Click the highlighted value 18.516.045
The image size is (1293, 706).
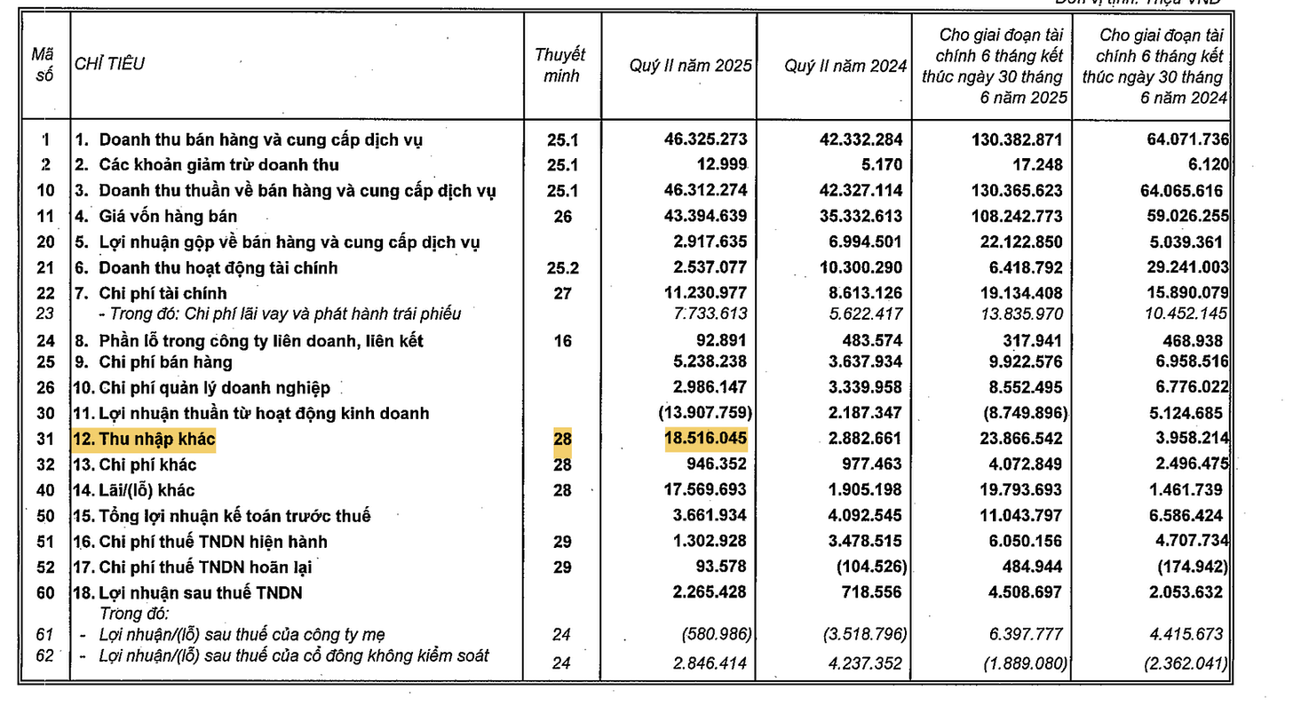(x=706, y=439)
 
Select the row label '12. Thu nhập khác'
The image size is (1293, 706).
(x=145, y=439)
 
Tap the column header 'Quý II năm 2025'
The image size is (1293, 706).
(x=690, y=66)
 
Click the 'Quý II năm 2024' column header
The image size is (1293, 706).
(x=845, y=66)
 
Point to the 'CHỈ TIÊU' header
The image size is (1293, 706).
(x=109, y=64)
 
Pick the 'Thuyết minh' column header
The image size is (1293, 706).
(x=560, y=66)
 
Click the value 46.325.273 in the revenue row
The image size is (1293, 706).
(x=706, y=139)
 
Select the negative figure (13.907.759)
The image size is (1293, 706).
(x=705, y=413)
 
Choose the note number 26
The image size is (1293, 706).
(x=562, y=216)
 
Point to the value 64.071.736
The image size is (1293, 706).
(x=1180, y=139)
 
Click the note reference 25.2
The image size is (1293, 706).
(x=562, y=267)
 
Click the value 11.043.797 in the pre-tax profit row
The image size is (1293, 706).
(x=1016, y=516)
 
